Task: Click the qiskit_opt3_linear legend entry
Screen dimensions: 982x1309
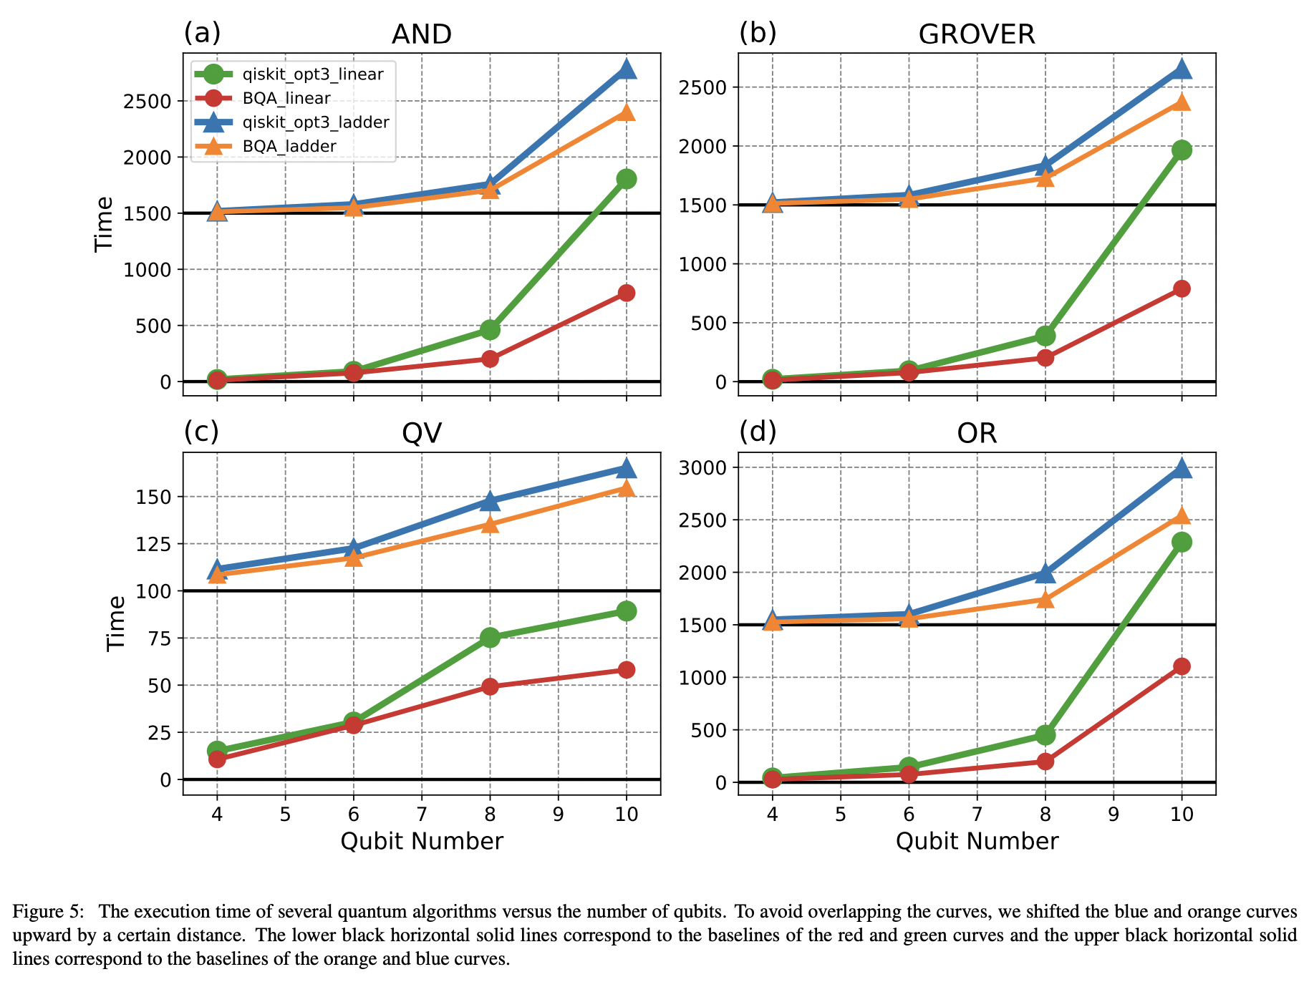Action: (x=312, y=74)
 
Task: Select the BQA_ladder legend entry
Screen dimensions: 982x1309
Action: (x=289, y=147)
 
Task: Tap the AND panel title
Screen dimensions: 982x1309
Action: (x=422, y=34)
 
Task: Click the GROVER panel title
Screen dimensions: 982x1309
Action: (x=977, y=34)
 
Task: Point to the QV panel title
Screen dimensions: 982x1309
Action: (x=422, y=433)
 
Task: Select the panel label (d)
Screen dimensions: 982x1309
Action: (x=758, y=432)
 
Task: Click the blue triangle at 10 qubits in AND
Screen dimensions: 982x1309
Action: (x=626, y=69)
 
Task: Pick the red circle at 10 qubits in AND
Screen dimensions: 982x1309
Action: (x=626, y=293)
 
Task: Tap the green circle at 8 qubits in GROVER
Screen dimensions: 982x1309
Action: (x=1045, y=336)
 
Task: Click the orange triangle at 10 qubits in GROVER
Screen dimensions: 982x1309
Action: (x=1182, y=102)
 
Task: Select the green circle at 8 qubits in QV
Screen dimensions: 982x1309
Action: (x=490, y=637)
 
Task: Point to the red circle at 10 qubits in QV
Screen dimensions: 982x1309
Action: (x=626, y=670)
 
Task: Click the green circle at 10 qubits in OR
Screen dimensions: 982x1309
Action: (x=1182, y=542)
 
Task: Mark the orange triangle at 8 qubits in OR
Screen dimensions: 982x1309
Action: (x=1045, y=600)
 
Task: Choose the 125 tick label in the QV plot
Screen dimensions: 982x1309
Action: (x=154, y=544)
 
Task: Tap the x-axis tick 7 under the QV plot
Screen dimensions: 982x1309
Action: (x=421, y=815)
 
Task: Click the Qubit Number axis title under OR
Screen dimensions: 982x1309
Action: (x=977, y=841)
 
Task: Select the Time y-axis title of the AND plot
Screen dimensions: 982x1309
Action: (x=105, y=223)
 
